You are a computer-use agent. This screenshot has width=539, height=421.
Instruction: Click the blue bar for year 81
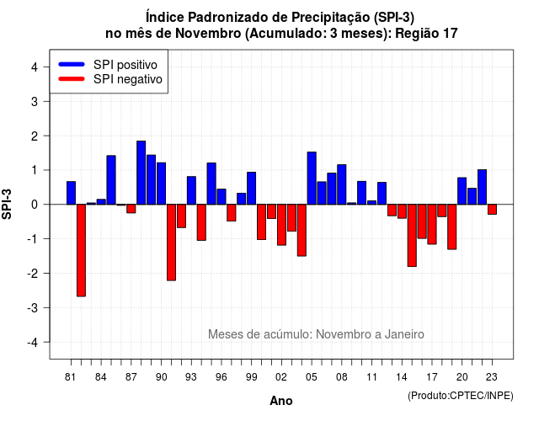pyautogui.click(x=71, y=193)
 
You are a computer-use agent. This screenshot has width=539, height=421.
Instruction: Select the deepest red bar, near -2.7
pyautogui.click(x=81, y=250)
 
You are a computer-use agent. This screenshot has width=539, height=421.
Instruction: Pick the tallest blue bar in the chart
pyautogui.click(x=141, y=173)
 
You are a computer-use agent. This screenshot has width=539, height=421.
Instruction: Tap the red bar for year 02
pyautogui.click(x=281, y=225)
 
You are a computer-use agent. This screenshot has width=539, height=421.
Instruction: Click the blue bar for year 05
pyautogui.click(x=312, y=178)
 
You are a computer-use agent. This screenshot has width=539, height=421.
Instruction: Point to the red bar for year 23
pyautogui.click(x=492, y=210)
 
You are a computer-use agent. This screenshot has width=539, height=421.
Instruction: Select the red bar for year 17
pyautogui.click(x=432, y=225)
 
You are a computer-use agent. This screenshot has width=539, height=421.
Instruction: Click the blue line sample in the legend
pyautogui.click(x=72, y=64)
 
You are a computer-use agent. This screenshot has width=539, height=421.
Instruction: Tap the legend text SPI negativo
pyautogui.click(x=128, y=79)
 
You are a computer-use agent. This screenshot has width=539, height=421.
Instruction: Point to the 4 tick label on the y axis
pyautogui.click(x=35, y=67)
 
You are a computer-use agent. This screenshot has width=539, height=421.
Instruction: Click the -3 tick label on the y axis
pyautogui.click(x=33, y=307)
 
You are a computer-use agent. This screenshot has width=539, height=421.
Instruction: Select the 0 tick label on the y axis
pyautogui.click(x=35, y=205)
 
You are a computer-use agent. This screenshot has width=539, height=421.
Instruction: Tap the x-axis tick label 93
pyautogui.click(x=191, y=377)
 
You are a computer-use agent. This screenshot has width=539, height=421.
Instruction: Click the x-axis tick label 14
pyautogui.click(x=402, y=377)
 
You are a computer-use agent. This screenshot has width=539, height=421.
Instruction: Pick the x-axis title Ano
pyautogui.click(x=281, y=401)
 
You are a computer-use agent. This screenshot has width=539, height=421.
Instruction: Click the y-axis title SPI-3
pyautogui.click(x=7, y=204)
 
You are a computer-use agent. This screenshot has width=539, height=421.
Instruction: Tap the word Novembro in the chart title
pyautogui.click(x=208, y=34)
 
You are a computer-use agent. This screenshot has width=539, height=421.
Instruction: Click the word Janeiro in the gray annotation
pyautogui.click(x=404, y=334)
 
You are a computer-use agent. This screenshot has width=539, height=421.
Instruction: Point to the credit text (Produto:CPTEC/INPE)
pyautogui.click(x=461, y=396)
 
